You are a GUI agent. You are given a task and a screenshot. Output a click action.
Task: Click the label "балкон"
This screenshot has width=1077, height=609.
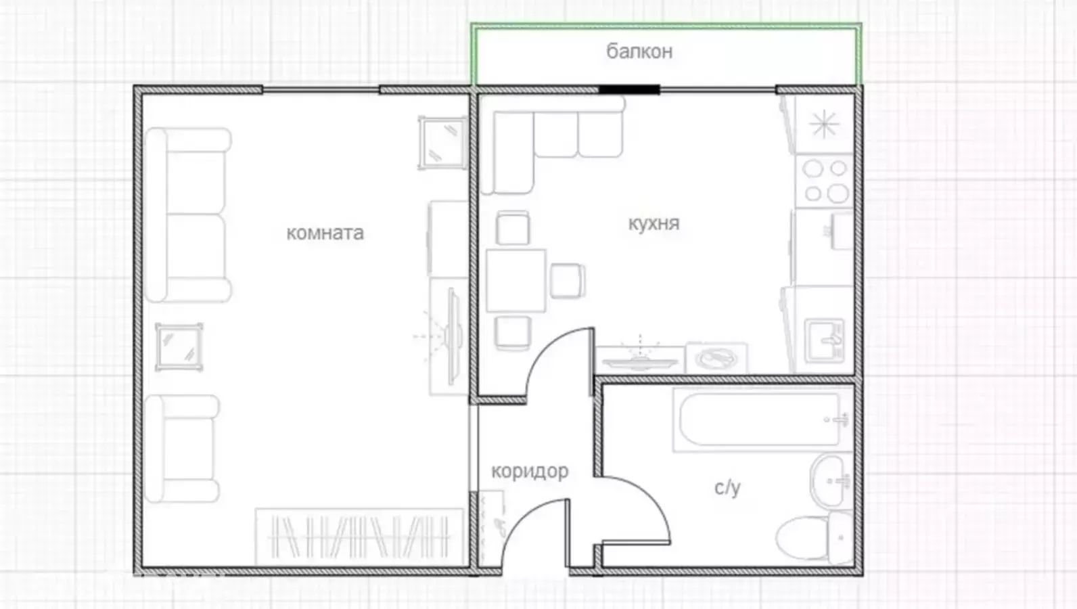(x=639, y=51)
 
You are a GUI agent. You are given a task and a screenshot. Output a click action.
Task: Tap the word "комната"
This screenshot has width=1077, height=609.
(x=325, y=233)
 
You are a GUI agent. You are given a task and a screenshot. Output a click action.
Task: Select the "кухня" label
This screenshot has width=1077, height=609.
(x=654, y=224)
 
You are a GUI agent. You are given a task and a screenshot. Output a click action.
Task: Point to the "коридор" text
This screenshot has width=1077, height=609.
(x=530, y=472)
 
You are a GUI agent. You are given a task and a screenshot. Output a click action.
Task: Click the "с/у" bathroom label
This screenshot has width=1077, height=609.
(x=727, y=488)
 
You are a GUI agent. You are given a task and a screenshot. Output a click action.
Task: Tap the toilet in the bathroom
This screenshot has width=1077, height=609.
(x=814, y=538)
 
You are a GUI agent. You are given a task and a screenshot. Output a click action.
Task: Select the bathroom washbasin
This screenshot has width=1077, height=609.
(x=830, y=480)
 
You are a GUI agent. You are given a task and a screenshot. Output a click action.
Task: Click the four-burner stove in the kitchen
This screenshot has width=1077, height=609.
(x=824, y=181)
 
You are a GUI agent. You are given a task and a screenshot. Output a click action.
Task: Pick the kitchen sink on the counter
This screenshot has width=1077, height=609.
(x=824, y=340)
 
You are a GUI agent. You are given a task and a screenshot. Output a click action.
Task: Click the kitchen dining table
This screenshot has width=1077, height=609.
(x=516, y=280)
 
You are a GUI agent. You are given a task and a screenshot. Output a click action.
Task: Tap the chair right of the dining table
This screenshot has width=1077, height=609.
(x=568, y=280)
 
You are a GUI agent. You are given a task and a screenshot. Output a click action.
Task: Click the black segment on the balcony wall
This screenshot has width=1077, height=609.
(x=629, y=89)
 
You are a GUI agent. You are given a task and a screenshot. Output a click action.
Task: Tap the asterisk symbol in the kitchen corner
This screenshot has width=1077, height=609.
(x=824, y=124)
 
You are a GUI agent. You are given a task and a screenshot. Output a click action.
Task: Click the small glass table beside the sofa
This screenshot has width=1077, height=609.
(x=179, y=347)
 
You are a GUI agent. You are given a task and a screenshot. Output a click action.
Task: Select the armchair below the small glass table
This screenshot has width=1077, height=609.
(x=182, y=449)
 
